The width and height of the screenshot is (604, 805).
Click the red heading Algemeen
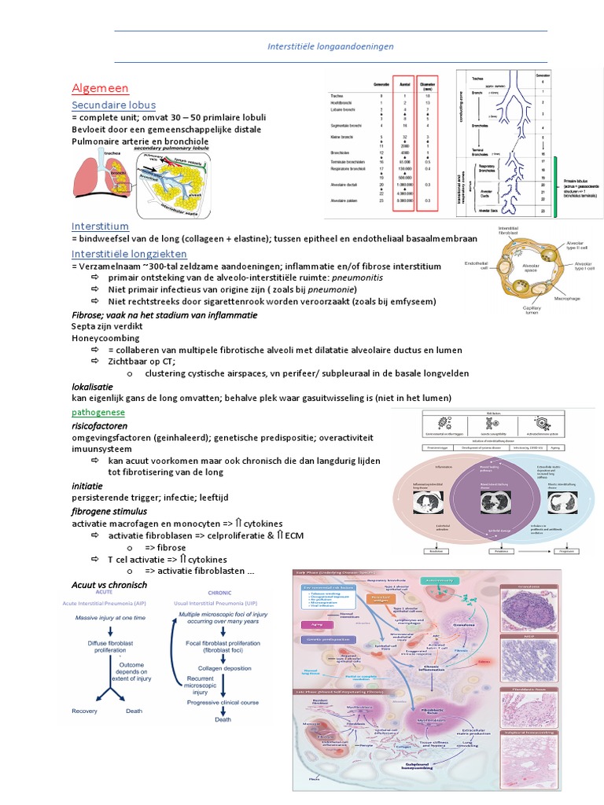point(100,88)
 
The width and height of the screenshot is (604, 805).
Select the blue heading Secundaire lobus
point(113,105)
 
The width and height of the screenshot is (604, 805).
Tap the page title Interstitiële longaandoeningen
point(330,46)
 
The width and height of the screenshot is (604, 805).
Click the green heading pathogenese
point(98,412)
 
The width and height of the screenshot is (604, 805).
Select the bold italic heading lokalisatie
point(92,387)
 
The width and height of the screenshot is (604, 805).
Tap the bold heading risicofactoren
point(100,425)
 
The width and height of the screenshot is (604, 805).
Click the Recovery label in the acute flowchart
point(84,711)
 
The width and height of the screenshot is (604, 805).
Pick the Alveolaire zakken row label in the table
point(347,201)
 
